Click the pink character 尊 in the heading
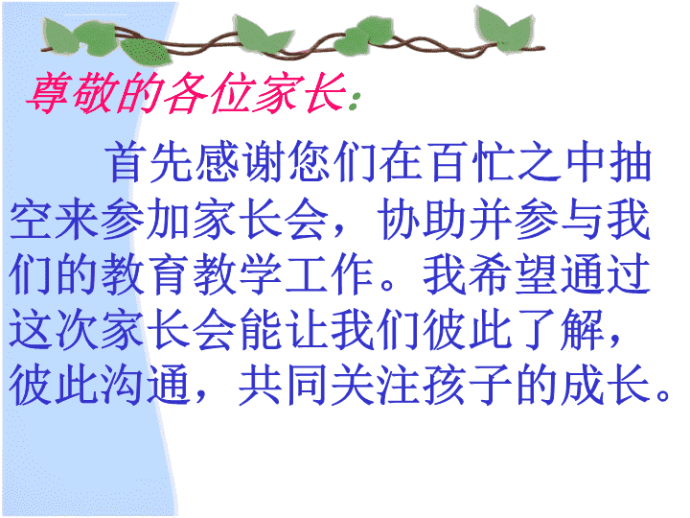(x=49, y=92)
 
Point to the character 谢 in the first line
(x=264, y=162)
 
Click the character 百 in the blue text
(x=448, y=162)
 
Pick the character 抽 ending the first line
(x=631, y=162)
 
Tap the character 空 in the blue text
(x=31, y=219)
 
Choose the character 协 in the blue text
(x=400, y=219)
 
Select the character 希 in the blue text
(x=491, y=274)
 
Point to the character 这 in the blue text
(x=31, y=330)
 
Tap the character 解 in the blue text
(x=583, y=330)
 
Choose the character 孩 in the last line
(x=446, y=385)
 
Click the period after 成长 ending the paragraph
(x=663, y=395)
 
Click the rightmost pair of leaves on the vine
(x=506, y=29)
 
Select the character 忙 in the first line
(x=494, y=162)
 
